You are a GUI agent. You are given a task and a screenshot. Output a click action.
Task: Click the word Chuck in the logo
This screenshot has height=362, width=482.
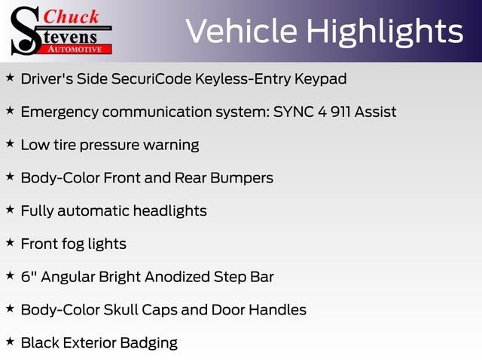[72, 17]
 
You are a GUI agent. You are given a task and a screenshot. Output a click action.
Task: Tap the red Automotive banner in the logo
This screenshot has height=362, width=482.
[75, 49]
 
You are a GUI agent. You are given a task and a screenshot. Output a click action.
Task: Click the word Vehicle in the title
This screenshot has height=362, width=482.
[242, 31]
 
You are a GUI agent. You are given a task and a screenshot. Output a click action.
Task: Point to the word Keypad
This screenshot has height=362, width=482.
[321, 79]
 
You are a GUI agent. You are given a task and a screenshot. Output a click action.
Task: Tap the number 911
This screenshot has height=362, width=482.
[340, 112]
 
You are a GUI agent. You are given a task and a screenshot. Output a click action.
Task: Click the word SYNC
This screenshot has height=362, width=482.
[294, 112]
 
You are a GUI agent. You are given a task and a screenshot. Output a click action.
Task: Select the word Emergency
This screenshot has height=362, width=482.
[59, 112]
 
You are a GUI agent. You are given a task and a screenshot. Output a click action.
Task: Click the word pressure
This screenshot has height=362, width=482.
[109, 146]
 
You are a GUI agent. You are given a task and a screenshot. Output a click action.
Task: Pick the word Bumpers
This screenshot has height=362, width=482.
[242, 179]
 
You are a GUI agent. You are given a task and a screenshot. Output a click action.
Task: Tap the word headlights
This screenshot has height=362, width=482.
[170, 211]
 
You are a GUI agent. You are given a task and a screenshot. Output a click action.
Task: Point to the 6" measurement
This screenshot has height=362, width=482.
[27, 277]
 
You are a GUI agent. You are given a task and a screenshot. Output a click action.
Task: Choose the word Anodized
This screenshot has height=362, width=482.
[178, 277]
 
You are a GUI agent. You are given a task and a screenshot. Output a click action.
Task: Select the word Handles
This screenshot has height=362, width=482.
[278, 310]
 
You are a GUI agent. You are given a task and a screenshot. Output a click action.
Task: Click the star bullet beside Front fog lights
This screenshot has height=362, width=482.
[10, 243]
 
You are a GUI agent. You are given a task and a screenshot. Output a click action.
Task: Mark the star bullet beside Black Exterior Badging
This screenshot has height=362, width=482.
[10, 342]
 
